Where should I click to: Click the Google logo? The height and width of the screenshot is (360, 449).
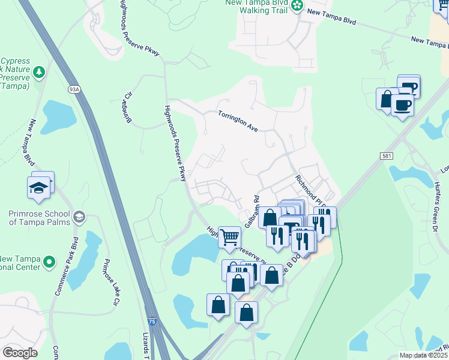point(20,352)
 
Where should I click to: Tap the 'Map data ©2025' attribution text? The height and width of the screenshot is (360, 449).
point(423,355)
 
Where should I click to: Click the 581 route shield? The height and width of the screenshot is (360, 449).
point(387,155)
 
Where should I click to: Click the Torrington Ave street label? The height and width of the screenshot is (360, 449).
point(238,121)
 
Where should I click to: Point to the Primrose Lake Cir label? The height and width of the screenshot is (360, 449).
point(109,283)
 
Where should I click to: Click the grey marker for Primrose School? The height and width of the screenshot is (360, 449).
point(79,216)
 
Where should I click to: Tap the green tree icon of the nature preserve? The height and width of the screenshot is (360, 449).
point(40,73)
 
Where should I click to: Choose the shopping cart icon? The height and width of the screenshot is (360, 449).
point(229,237)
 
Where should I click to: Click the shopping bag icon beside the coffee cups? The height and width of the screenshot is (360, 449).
point(387,98)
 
